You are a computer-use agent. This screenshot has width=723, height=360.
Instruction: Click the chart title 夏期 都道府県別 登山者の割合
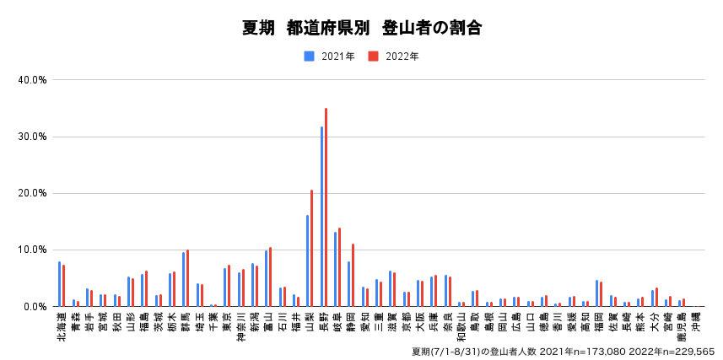click(x=361, y=28)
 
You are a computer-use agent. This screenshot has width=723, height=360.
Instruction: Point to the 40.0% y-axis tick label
click(x=32, y=80)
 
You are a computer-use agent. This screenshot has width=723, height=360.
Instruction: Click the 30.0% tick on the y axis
click(x=32, y=137)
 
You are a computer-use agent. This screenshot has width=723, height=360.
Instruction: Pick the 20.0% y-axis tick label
click(x=32, y=193)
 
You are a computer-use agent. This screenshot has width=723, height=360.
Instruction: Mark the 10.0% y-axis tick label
click(x=32, y=250)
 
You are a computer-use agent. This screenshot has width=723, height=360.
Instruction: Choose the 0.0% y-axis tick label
click(x=35, y=306)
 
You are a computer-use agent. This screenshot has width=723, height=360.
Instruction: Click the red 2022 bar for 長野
click(x=326, y=207)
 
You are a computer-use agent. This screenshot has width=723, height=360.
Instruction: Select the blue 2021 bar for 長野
click(x=321, y=217)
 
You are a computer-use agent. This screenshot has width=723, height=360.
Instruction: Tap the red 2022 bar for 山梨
click(x=311, y=248)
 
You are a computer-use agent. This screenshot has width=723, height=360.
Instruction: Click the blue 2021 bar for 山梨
click(x=307, y=261)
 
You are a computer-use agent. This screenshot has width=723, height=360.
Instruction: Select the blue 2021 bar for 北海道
click(x=59, y=284)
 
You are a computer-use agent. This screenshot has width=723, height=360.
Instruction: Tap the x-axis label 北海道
click(x=61, y=325)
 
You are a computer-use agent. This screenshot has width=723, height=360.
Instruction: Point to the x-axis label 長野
click(x=323, y=322)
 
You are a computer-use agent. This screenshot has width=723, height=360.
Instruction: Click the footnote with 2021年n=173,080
click(x=563, y=351)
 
